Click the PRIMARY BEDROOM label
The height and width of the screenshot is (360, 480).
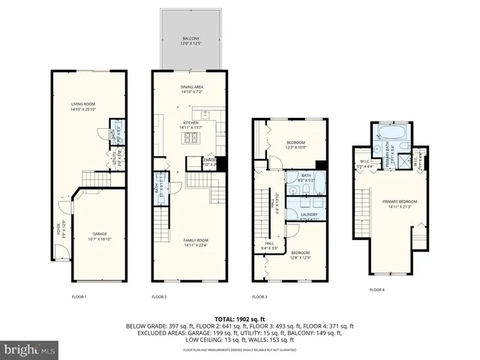click(397, 204)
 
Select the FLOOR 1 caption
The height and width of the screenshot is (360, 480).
click(79, 297)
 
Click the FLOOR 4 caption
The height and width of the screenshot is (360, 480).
click(376, 289)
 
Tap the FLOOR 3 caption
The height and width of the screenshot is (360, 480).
click(260, 297)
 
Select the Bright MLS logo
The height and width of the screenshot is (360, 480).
click(30, 349)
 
